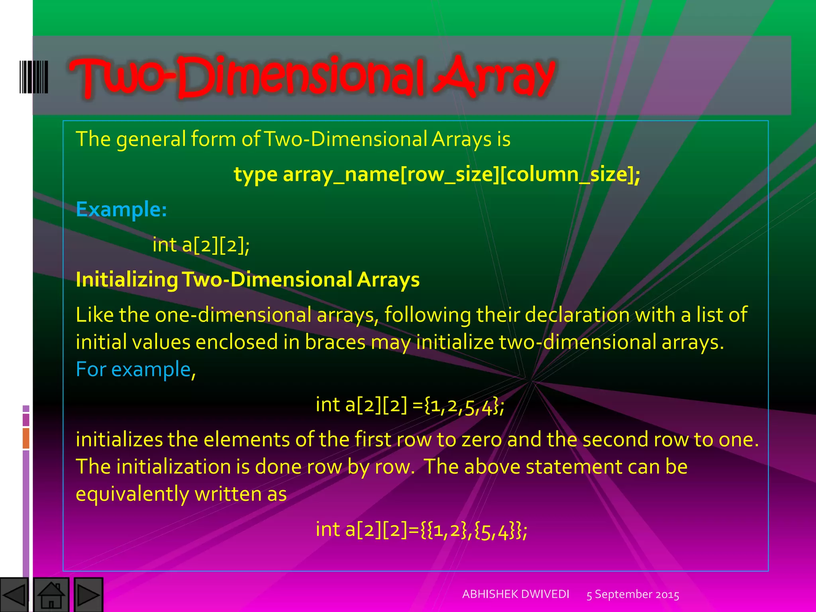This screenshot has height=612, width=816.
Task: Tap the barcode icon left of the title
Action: click(34, 77)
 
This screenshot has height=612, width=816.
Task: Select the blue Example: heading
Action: click(121, 209)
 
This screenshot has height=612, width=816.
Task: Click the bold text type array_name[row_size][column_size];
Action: click(437, 175)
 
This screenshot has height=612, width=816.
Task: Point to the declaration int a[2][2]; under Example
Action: click(201, 245)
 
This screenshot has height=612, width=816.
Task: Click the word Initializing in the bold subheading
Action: click(127, 279)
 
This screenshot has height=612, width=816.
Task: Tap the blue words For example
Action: click(133, 369)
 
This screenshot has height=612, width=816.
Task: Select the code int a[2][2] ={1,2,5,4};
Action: click(410, 405)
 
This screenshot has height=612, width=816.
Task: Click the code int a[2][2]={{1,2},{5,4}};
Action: click(421, 530)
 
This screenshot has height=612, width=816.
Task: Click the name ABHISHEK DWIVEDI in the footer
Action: click(516, 594)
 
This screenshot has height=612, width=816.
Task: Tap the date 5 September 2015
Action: click(633, 594)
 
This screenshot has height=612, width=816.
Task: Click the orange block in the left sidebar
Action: click(26, 438)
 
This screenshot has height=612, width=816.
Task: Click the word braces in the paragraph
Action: click(335, 342)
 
